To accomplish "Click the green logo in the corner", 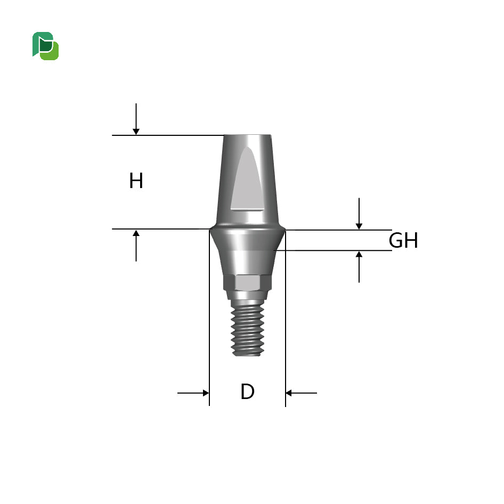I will click(x=45, y=46).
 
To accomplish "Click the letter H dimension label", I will click(x=136, y=182).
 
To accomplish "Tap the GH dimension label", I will click(x=403, y=241).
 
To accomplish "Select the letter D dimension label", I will click(x=247, y=393).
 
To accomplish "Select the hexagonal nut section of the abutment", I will click(x=248, y=283).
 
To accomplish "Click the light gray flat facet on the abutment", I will click(x=247, y=181).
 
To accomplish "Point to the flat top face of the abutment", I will click(x=247, y=136).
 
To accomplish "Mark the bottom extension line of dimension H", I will click(x=160, y=229).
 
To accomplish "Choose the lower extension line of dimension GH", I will click(x=341, y=250).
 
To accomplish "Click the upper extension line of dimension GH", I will click(x=341, y=230).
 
